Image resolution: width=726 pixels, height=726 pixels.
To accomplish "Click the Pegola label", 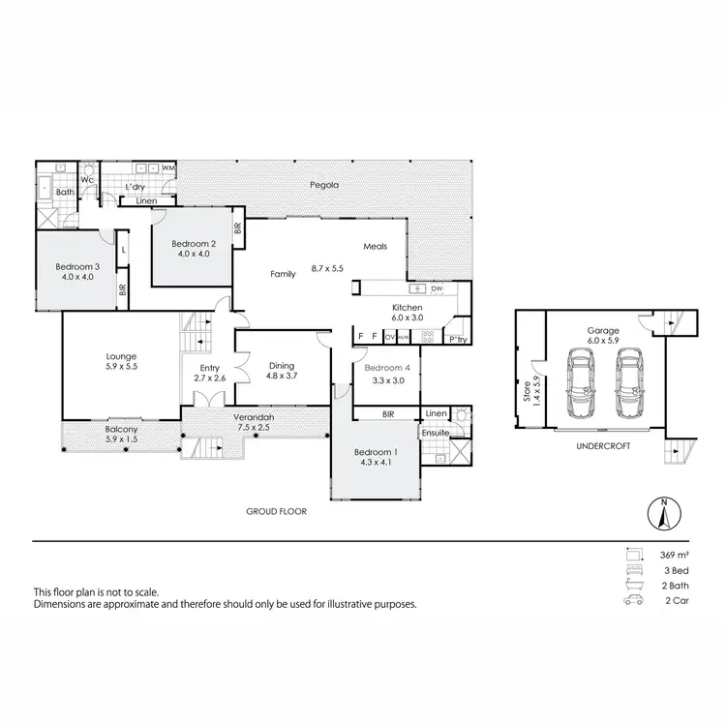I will [322, 185].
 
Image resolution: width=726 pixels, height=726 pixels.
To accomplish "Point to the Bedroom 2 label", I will [192, 243].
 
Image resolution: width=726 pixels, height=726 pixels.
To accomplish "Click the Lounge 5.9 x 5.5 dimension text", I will [122, 367].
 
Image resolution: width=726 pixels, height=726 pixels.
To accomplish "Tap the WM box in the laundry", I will [168, 168].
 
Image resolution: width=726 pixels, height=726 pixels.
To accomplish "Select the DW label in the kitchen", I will [437, 288].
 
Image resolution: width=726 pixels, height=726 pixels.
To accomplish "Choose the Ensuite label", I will [435, 433].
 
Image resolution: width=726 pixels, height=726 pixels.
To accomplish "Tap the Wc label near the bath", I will [86, 179].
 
